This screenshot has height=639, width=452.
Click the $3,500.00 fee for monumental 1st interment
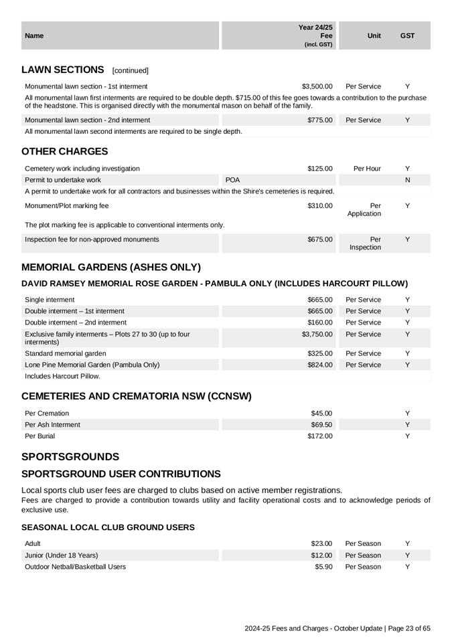coord(317,86)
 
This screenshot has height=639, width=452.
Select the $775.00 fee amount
coord(320,120)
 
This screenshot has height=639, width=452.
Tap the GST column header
coord(407,36)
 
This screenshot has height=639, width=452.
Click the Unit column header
coord(374,36)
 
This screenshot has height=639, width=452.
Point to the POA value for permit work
coord(233,180)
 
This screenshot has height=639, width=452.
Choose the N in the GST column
coord(407,180)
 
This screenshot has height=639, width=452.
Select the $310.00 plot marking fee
coord(320,206)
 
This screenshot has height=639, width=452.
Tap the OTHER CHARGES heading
coord(64,152)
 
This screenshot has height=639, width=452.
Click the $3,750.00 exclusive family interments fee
coord(317,335)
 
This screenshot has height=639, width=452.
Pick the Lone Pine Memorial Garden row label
coord(92,365)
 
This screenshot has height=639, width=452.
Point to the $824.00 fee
coord(320,365)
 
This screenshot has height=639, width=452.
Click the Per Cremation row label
coord(47,414)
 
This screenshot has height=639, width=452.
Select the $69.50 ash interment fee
coord(321,425)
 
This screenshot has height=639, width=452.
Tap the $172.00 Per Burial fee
coord(320,436)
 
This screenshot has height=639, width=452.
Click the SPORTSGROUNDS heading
coord(70,457)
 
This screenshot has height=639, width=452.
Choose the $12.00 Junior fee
coord(321,555)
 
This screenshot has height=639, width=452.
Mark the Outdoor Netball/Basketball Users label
coord(75,567)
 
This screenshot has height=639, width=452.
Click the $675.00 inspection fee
coord(320,240)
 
